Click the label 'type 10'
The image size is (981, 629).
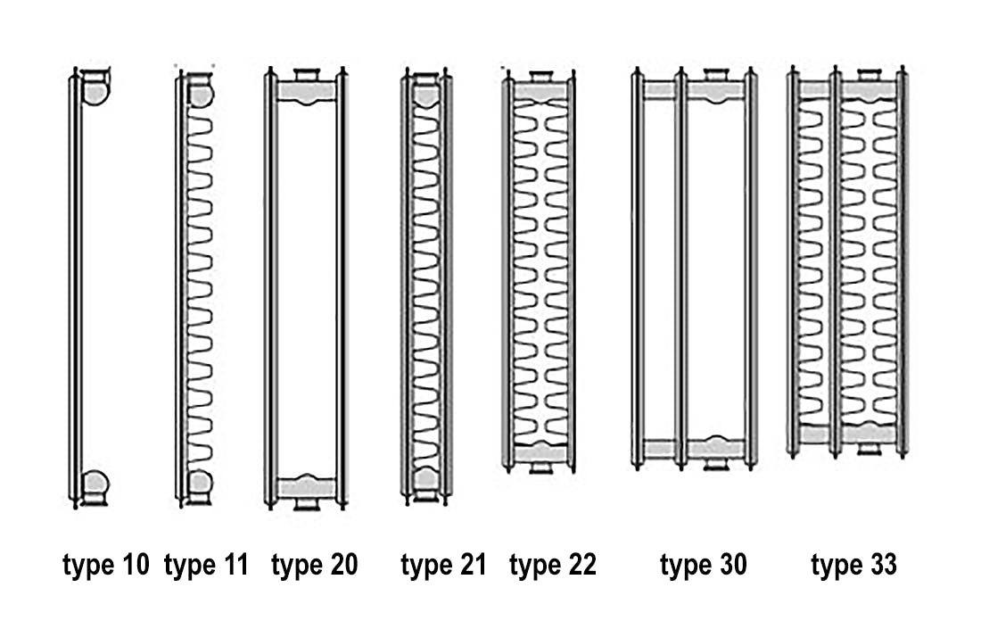(x=106, y=565)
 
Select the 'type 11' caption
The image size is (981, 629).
(x=207, y=565)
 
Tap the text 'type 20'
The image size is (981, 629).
(x=314, y=565)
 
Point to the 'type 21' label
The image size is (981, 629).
(x=443, y=565)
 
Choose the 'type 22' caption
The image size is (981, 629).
(x=552, y=565)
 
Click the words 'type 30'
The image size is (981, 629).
(x=704, y=565)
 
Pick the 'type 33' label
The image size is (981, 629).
(x=853, y=565)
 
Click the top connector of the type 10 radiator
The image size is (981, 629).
(x=95, y=87)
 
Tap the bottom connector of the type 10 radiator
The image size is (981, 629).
(x=95, y=487)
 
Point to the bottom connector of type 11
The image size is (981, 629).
(x=200, y=485)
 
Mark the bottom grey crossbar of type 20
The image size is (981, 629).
(x=307, y=487)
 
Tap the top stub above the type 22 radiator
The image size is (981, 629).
(x=540, y=77)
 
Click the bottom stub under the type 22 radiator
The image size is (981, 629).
(x=540, y=467)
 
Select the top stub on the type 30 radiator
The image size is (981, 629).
(x=716, y=74)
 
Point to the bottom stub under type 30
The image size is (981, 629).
(x=716, y=464)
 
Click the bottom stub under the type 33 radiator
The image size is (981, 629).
(x=869, y=449)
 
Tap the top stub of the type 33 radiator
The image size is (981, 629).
(x=869, y=75)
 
